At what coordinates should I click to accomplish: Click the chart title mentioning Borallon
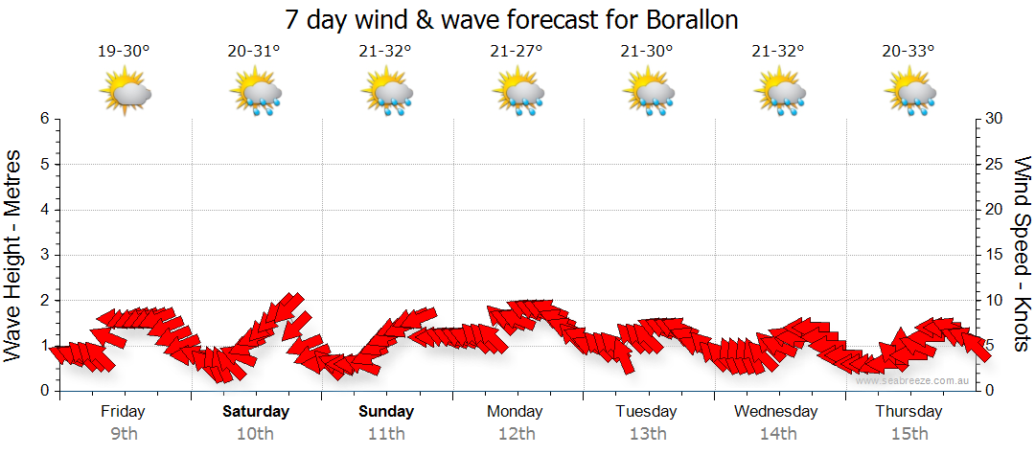coord(512,19)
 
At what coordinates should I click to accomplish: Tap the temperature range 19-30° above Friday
coord(124,51)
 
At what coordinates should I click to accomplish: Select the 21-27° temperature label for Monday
coord(516,51)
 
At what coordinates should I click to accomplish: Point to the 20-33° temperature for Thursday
coord(908,51)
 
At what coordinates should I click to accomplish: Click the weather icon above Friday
coord(126,93)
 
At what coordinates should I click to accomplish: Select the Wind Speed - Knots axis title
coord(1021,254)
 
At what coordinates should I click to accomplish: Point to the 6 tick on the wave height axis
coord(44,119)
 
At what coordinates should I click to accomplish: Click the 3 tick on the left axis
coord(44,255)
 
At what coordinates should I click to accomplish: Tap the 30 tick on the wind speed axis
coord(995,119)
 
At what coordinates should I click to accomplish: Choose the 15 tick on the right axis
coord(995,255)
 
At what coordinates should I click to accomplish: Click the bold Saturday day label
coord(256,412)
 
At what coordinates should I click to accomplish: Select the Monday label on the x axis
coord(515,412)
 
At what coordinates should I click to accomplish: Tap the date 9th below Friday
coord(124,434)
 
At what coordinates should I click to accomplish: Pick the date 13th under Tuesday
coord(648,434)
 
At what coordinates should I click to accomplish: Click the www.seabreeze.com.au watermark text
coord(914,380)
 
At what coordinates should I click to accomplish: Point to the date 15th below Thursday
coord(908,434)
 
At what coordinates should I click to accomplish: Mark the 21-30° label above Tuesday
coord(647,51)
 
